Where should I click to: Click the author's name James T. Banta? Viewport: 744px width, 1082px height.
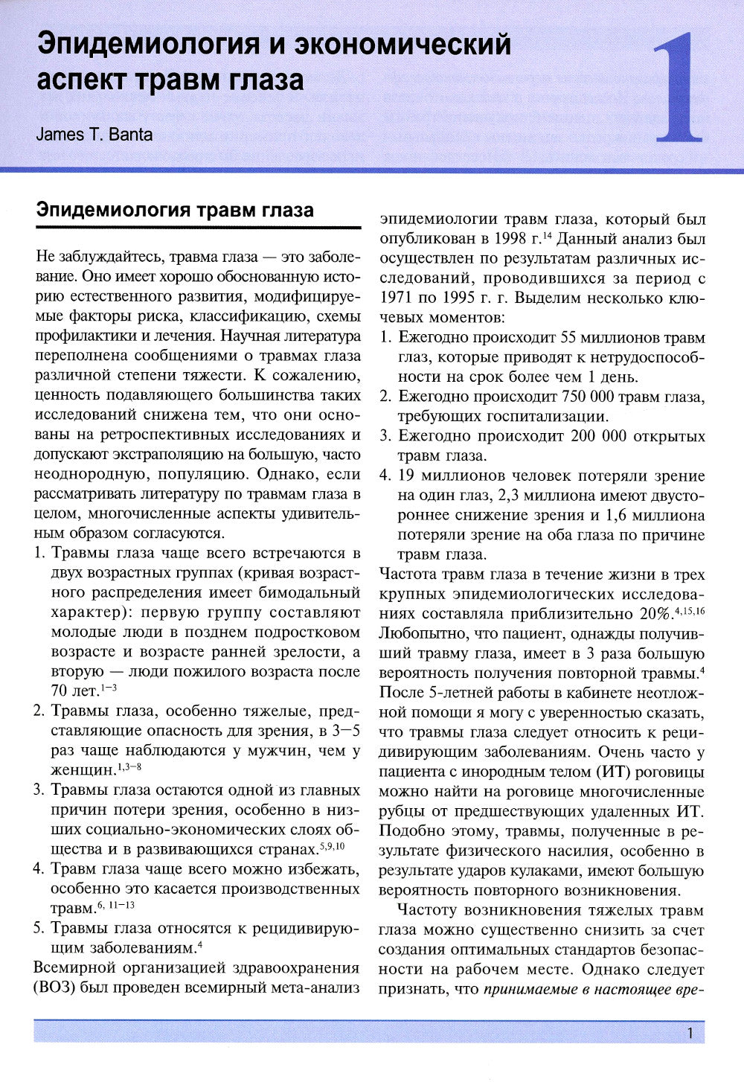tap(94, 134)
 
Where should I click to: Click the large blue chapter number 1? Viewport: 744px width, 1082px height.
tap(678, 88)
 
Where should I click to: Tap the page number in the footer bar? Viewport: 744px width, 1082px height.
tap(690, 1033)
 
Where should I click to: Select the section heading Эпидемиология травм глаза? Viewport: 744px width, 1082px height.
tap(175, 210)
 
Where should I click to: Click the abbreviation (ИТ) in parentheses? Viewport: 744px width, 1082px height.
tap(612, 772)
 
